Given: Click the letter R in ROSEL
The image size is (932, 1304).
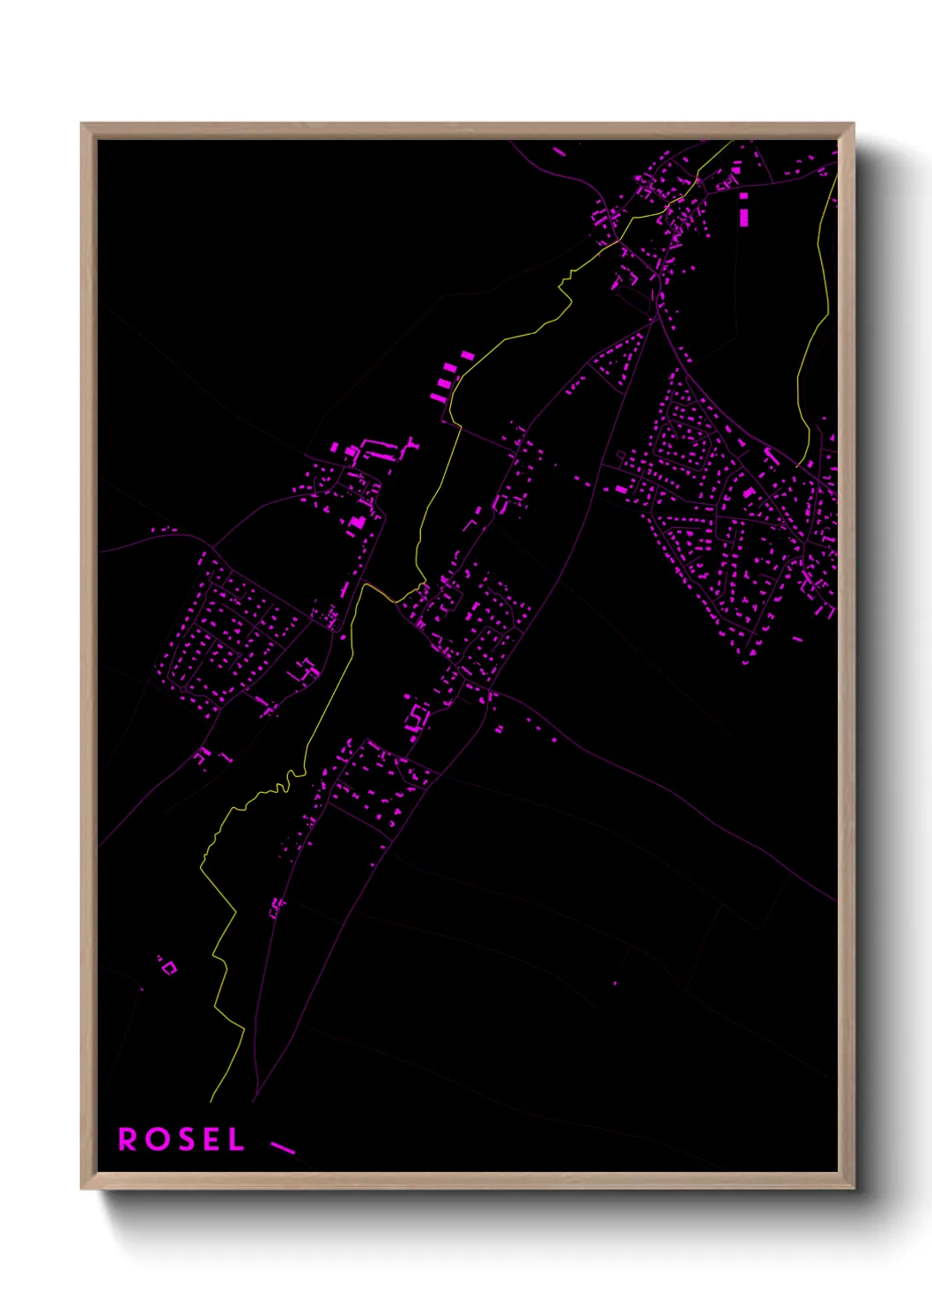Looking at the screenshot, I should point(128,1139).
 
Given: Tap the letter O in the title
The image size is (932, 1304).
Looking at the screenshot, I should point(156,1139).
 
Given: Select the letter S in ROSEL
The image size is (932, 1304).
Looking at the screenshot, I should point(183,1139).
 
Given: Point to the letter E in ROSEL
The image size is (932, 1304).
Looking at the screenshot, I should point(210,1139).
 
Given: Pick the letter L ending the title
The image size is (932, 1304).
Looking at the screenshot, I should point(235,1139).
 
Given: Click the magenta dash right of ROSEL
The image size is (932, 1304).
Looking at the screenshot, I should point(283,1147).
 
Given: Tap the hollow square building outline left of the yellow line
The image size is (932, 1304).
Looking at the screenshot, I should point(169,967).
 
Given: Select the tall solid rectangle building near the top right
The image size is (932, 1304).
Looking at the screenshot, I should point(744,216).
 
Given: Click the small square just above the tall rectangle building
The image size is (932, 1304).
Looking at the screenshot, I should point(743,196).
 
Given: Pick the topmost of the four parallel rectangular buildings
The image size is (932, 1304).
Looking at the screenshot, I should point(467,356).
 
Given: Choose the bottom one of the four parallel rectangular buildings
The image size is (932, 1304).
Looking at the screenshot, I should point(437,398).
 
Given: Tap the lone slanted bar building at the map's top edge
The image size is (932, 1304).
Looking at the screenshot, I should point(559,152).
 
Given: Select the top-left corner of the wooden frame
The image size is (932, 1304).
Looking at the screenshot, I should point(82,124).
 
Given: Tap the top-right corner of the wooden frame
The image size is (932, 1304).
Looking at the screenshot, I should point(853,124).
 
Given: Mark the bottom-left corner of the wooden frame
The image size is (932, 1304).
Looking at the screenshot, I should point(82,1188).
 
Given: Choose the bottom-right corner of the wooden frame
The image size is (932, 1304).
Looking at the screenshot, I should point(853,1188).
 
